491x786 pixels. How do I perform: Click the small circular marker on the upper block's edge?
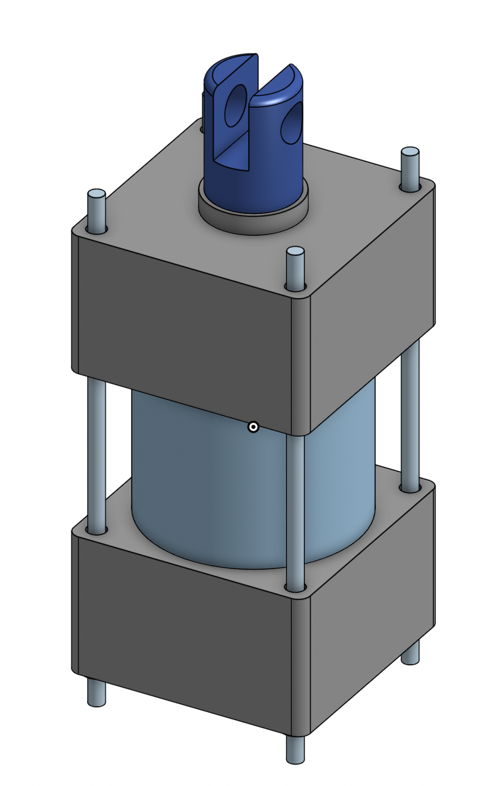(x=253, y=427)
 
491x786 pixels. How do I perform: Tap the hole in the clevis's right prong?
(x=294, y=124)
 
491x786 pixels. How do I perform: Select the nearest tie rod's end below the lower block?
(x=295, y=749)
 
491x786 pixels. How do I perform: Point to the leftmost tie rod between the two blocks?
(x=97, y=451)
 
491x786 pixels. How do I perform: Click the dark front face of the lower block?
(x=183, y=628)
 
